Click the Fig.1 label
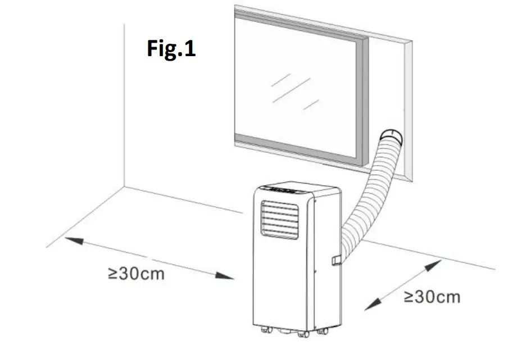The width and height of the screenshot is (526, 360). point(171,48)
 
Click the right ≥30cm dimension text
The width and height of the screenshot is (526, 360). point(432,296)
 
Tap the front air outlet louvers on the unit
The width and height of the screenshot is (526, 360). point(279,221)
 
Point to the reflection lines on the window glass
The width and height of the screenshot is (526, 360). point(292,90)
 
